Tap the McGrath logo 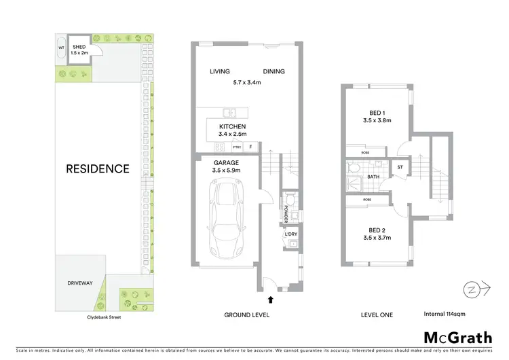pyautogui.click(x=458, y=338)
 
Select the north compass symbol pyautogui.click(x=470, y=289)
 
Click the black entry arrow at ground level pyautogui.click(x=271, y=298)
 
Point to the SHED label pyautogui.click(x=79, y=46)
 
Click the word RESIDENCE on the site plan pyautogui.click(x=97, y=168)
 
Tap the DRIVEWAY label pyautogui.click(x=79, y=282)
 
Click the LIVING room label pyautogui.click(x=220, y=71)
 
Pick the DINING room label pyautogui.click(x=274, y=71)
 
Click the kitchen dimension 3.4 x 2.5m pyautogui.click(x=232, y=134)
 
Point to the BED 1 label pyautogui.click(x=377, y=113)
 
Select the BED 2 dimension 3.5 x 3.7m pyautogui.click(x=377, y=238)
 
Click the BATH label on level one pyautogui.click(x=373, y=177)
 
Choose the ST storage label pyautogui.click(x=400, y=167)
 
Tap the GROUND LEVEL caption pyautogui.click(x=247, y=314)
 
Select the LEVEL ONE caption pyautogui.click(x=377, y=314)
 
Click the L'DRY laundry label pyautogui.click(x=291, y=234)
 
